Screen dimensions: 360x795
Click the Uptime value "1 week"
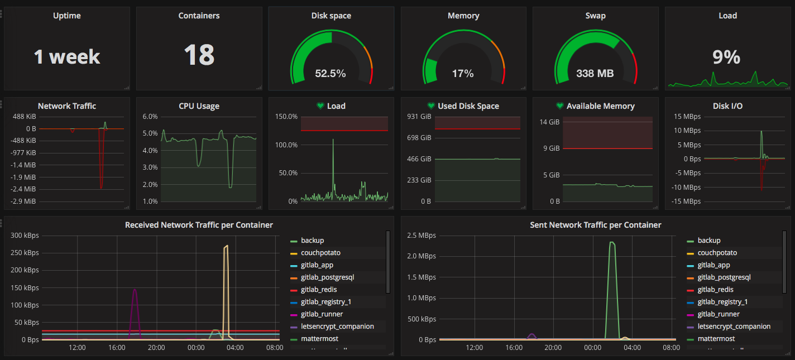(x=67, y=56)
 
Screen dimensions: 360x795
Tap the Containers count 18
(x=199, y=55)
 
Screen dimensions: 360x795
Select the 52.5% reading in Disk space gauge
(x=331, y=73)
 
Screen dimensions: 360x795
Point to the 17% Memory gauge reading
(x=463, y=73)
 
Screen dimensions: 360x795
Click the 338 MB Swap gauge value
(x=595, y=73)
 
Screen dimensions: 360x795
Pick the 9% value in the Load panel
(x=726, y=57)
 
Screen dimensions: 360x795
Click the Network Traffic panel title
(x=67, y=106)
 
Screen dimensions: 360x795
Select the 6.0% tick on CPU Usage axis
(x=150, y=117)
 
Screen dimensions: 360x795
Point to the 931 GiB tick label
(x=419, y=117)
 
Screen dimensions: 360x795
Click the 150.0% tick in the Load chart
(x=286, y=117)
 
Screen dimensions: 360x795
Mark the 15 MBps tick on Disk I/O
(x=687, y=117)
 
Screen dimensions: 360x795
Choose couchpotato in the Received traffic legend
(x=320, y=253)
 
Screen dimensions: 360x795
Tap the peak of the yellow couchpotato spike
(x=226, y=246)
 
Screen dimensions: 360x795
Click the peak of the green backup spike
(x=612, y=242)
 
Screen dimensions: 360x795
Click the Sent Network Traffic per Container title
(x=595, y=225)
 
